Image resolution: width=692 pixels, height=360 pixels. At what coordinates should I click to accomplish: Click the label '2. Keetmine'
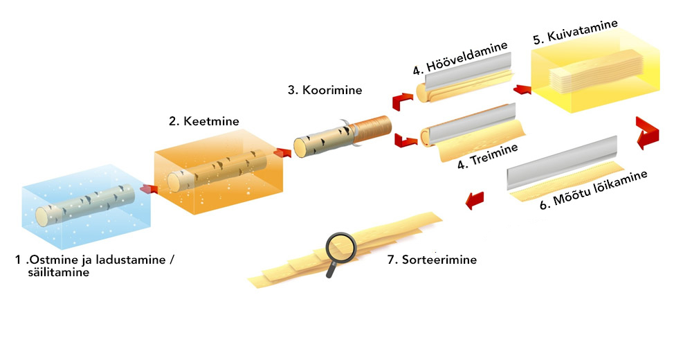pos(204,121)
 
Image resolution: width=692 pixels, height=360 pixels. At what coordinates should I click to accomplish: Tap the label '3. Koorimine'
pos(325,90)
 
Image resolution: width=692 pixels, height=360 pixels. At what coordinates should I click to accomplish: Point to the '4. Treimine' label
pos(488,156)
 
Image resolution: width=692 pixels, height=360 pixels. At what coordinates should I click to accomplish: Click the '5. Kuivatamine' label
pos(575,32)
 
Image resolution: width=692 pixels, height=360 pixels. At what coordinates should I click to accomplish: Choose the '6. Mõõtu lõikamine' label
pos(594,190)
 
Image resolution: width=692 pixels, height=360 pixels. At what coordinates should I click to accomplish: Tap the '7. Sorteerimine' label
pos(432,260)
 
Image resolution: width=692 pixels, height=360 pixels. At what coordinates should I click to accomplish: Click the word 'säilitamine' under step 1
pos(59,272)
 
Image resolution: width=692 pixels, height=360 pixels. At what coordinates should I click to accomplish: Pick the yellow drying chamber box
pos(595,71)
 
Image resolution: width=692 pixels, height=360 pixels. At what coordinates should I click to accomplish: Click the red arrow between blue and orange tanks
pos(149,189)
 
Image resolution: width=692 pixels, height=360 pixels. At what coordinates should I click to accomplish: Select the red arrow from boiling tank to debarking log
pos(282,153)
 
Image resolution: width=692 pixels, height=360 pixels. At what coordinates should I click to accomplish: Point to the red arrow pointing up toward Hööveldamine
pos(402,101)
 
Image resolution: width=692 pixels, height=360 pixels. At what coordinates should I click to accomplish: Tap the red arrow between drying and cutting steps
pos(648,133)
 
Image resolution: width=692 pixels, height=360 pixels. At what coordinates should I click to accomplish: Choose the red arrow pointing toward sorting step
pos(475,200)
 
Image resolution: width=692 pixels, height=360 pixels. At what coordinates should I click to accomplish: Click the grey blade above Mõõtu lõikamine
pos(562,163)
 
